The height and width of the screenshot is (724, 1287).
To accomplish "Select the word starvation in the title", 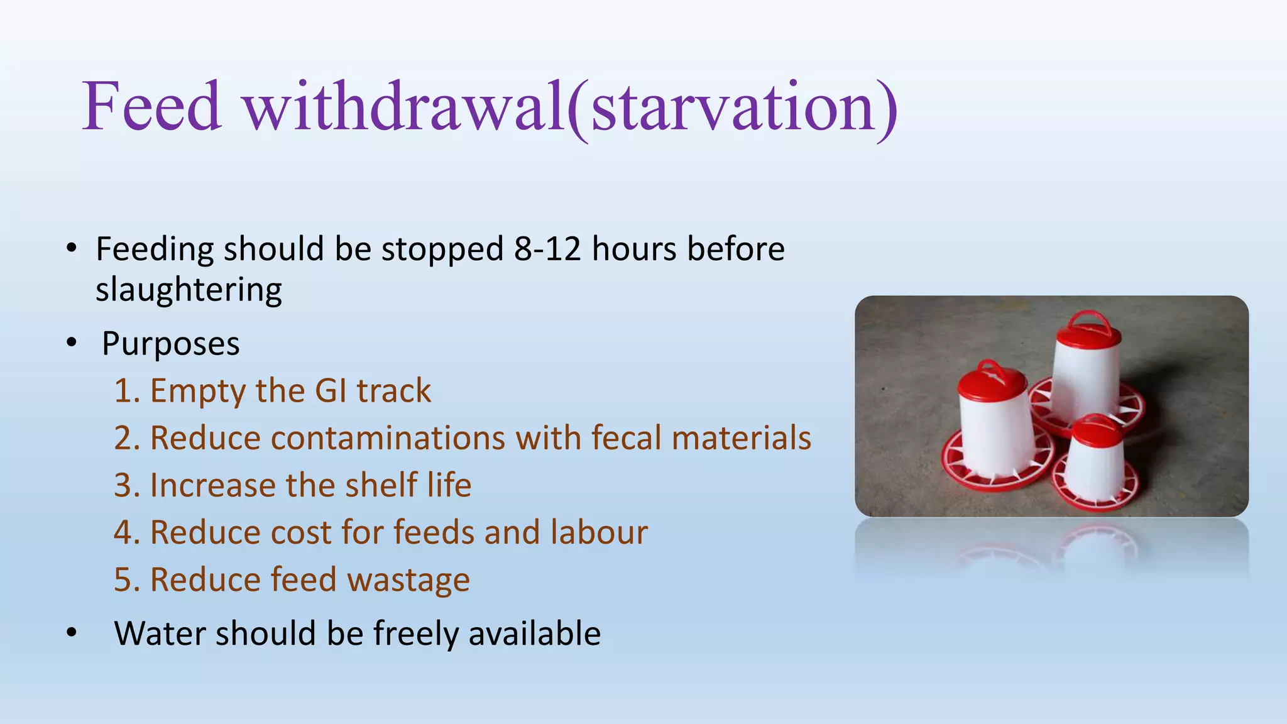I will [733, 107].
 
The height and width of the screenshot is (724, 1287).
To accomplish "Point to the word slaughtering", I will [189, 290].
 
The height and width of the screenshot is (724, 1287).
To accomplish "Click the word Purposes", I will [170, 344].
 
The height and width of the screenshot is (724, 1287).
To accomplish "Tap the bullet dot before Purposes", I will [72, 343].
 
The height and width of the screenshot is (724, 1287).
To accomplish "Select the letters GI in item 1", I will [331, 391].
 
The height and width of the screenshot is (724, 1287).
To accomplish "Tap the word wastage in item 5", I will [408, 580].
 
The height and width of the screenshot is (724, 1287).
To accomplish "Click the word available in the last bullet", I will [534, 633].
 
